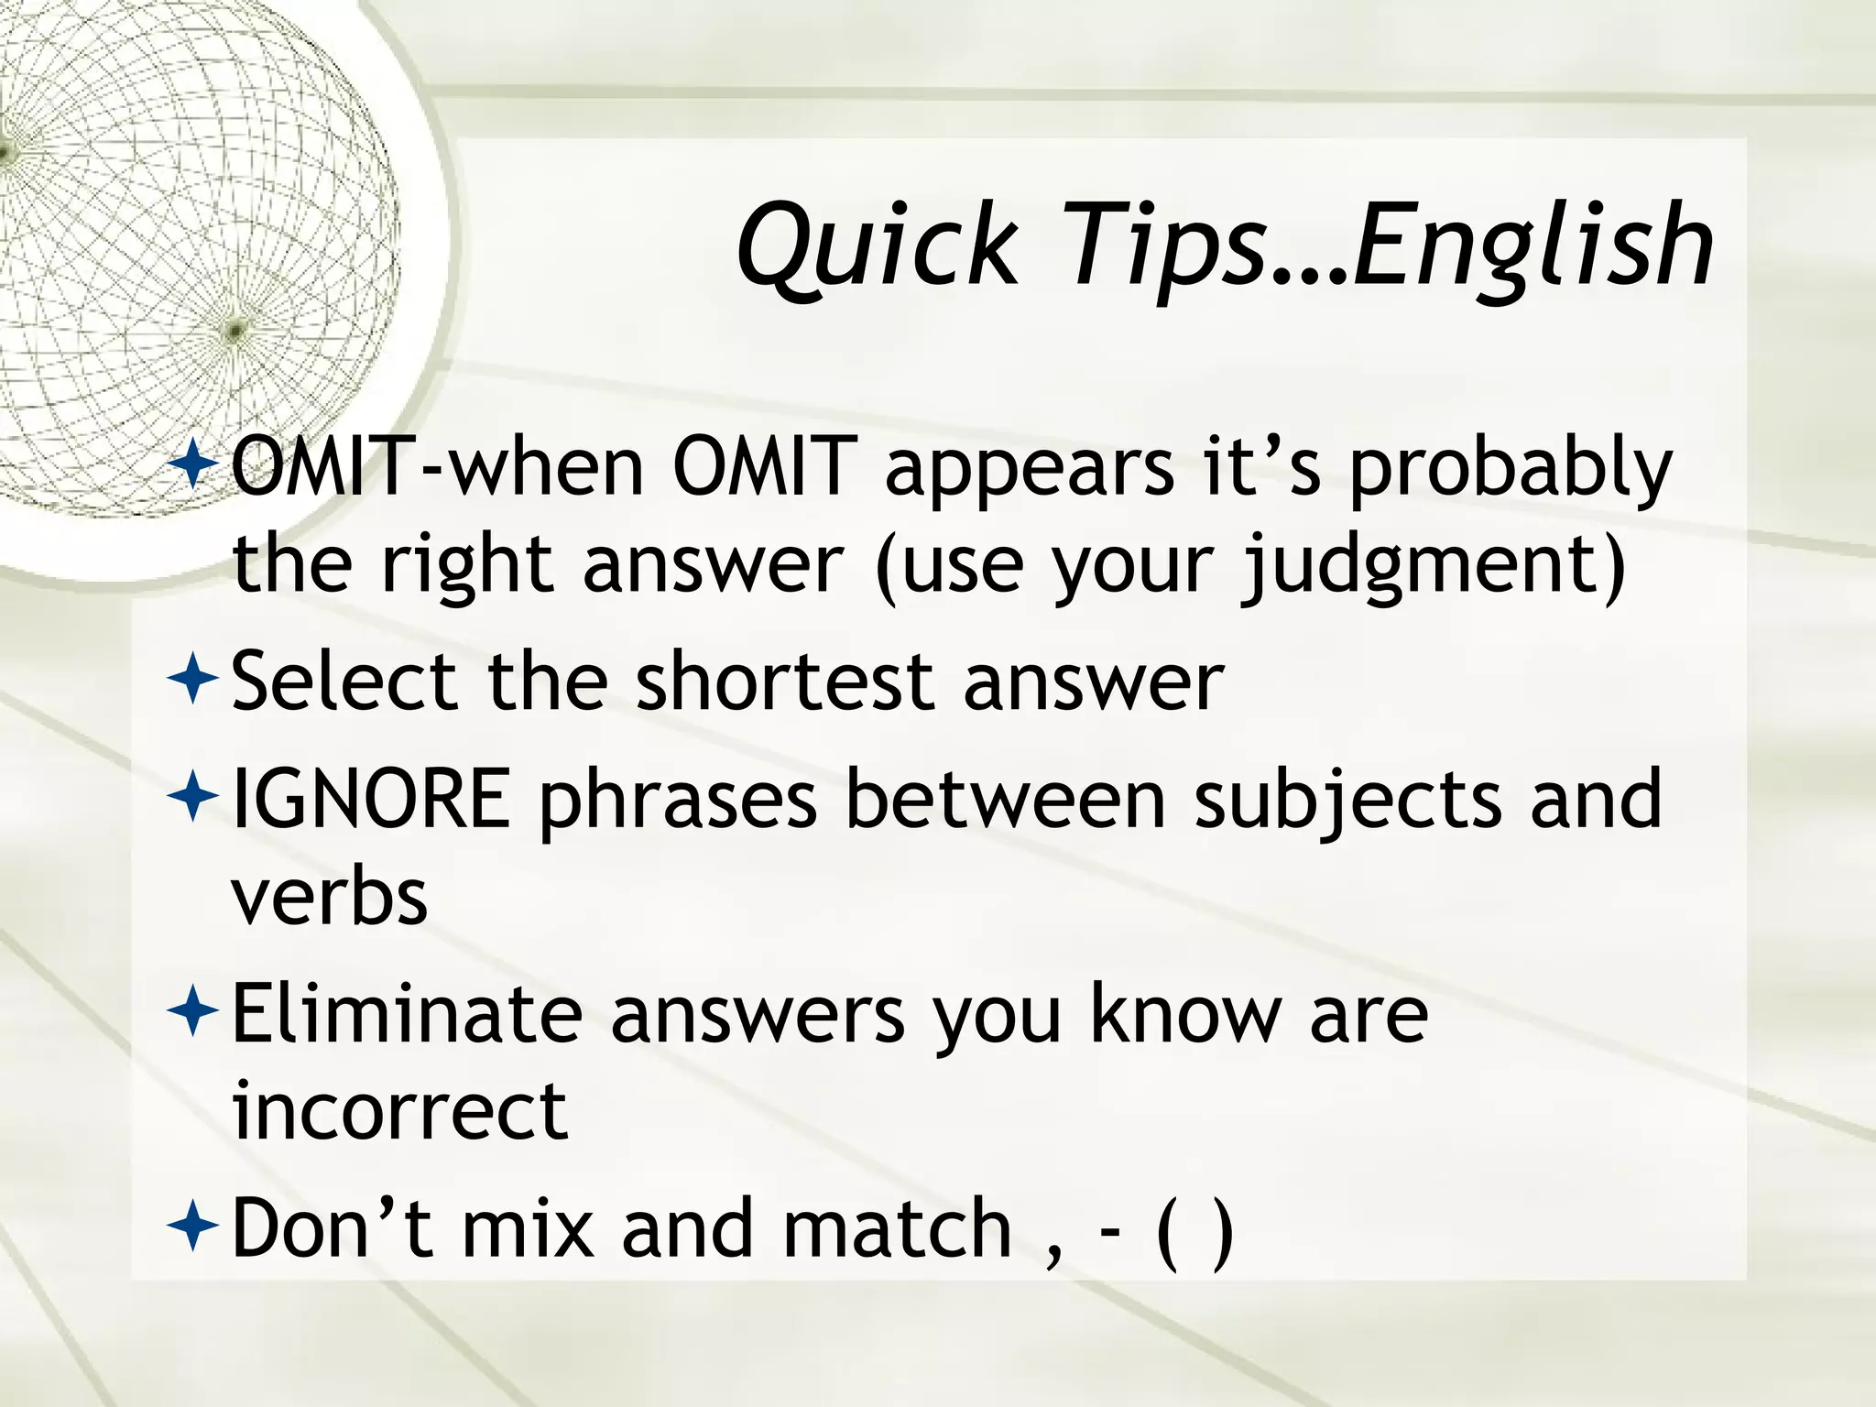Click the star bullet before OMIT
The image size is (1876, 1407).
193,465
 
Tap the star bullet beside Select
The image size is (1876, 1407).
193,680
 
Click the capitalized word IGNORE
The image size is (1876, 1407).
371,798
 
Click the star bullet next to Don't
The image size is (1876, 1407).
193,1227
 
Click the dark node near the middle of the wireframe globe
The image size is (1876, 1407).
235,328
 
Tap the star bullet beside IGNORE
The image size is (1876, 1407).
193,797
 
